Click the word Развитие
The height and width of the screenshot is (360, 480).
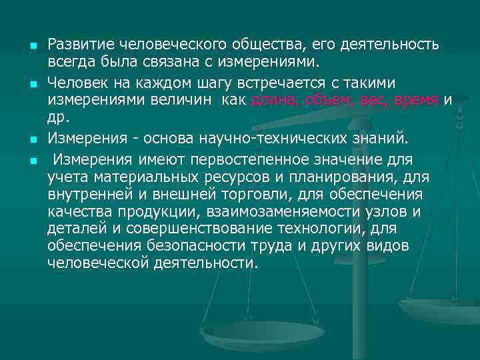tap(81, 45)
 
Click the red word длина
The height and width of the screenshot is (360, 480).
tap(275, 100)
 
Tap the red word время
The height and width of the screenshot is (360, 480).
tap(416, 100)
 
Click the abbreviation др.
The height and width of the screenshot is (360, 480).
tap(57, 117)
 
